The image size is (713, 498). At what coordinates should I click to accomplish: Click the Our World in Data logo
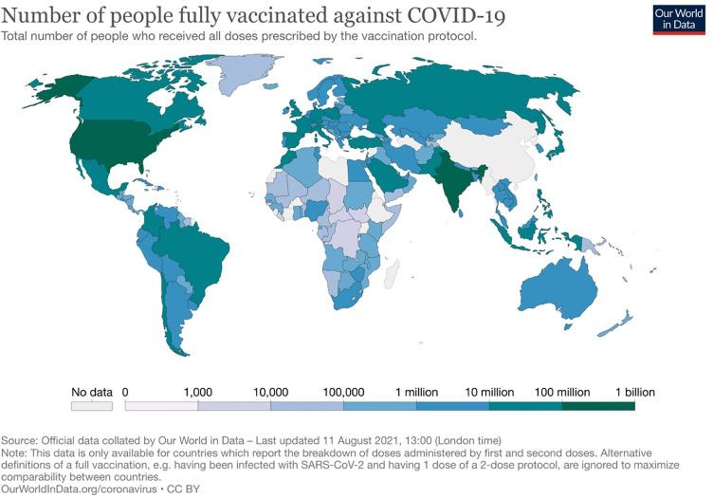point(679,19)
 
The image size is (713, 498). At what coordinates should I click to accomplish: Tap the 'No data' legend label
point(91,391)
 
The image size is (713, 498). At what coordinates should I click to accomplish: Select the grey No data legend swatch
point(91,406)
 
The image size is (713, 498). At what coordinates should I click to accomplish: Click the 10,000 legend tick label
point(270,391)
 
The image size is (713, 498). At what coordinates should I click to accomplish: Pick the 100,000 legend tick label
point(343,391)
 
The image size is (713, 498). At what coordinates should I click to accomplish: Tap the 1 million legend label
point(415,391)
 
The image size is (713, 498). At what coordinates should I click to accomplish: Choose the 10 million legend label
point(488,391)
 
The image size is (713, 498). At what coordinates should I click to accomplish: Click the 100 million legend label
point(561,391)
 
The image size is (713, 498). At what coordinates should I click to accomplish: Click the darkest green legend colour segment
point(598,406)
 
